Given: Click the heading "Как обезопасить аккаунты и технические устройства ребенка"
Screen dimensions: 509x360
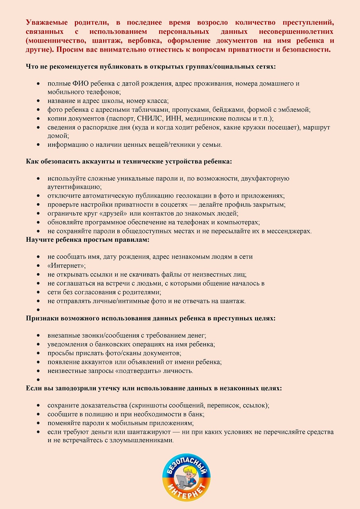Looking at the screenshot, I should pos(129,162).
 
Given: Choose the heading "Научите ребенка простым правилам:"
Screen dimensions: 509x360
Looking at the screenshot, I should pos(88,240).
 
